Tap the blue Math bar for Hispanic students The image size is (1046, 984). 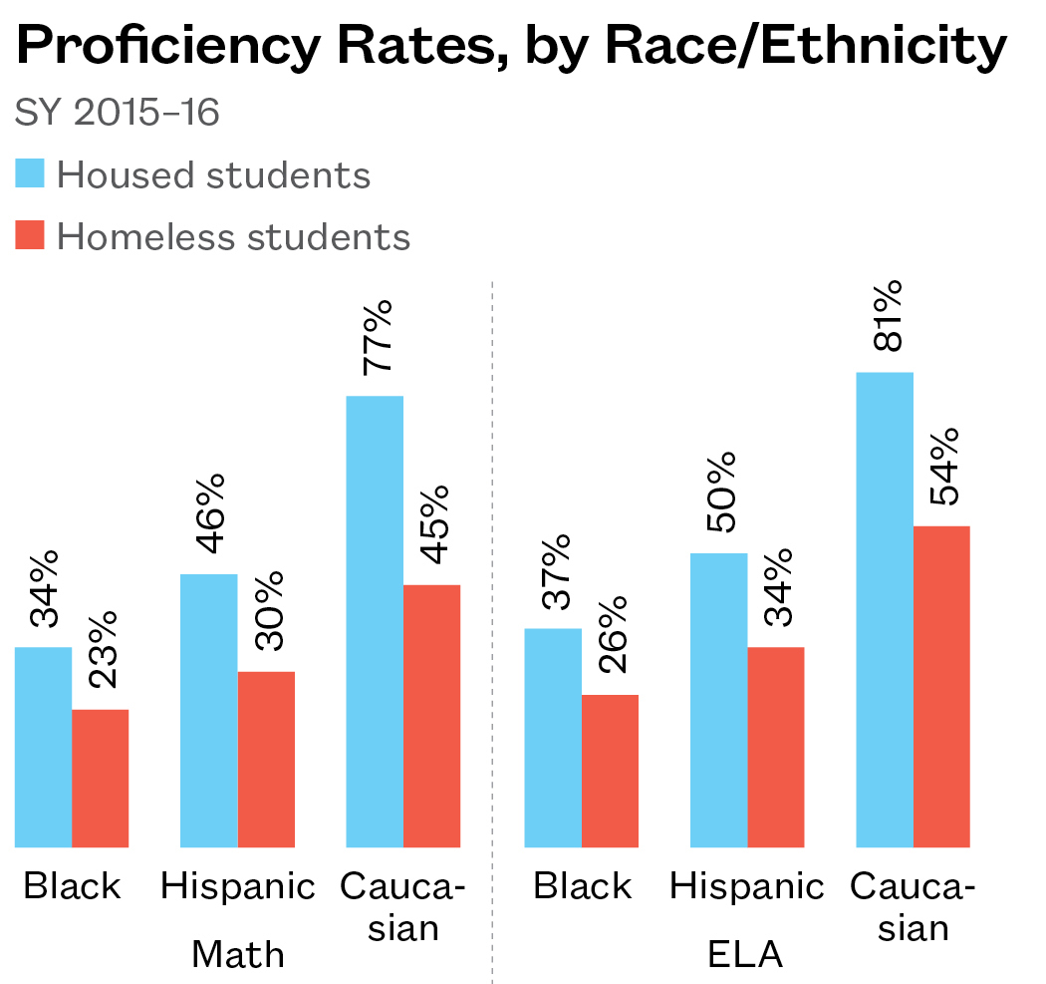(x=209, y=711)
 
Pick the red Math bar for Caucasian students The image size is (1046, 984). (x=431, y=716)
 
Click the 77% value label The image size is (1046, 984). (x=378, y=337)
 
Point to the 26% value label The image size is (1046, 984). (x=611, y=635)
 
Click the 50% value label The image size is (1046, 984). (x=720, y=493)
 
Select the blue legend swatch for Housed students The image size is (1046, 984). (x=30, y=173)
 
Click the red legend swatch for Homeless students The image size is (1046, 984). (x=30, y=235)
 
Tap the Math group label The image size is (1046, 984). (x=238, y=954)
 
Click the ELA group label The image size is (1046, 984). (x=745, y=954)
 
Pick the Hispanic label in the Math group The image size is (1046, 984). (x=238, y=885)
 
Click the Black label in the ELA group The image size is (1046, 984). (x=582, y=885)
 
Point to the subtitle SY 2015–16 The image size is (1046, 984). (x=117, y=113)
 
